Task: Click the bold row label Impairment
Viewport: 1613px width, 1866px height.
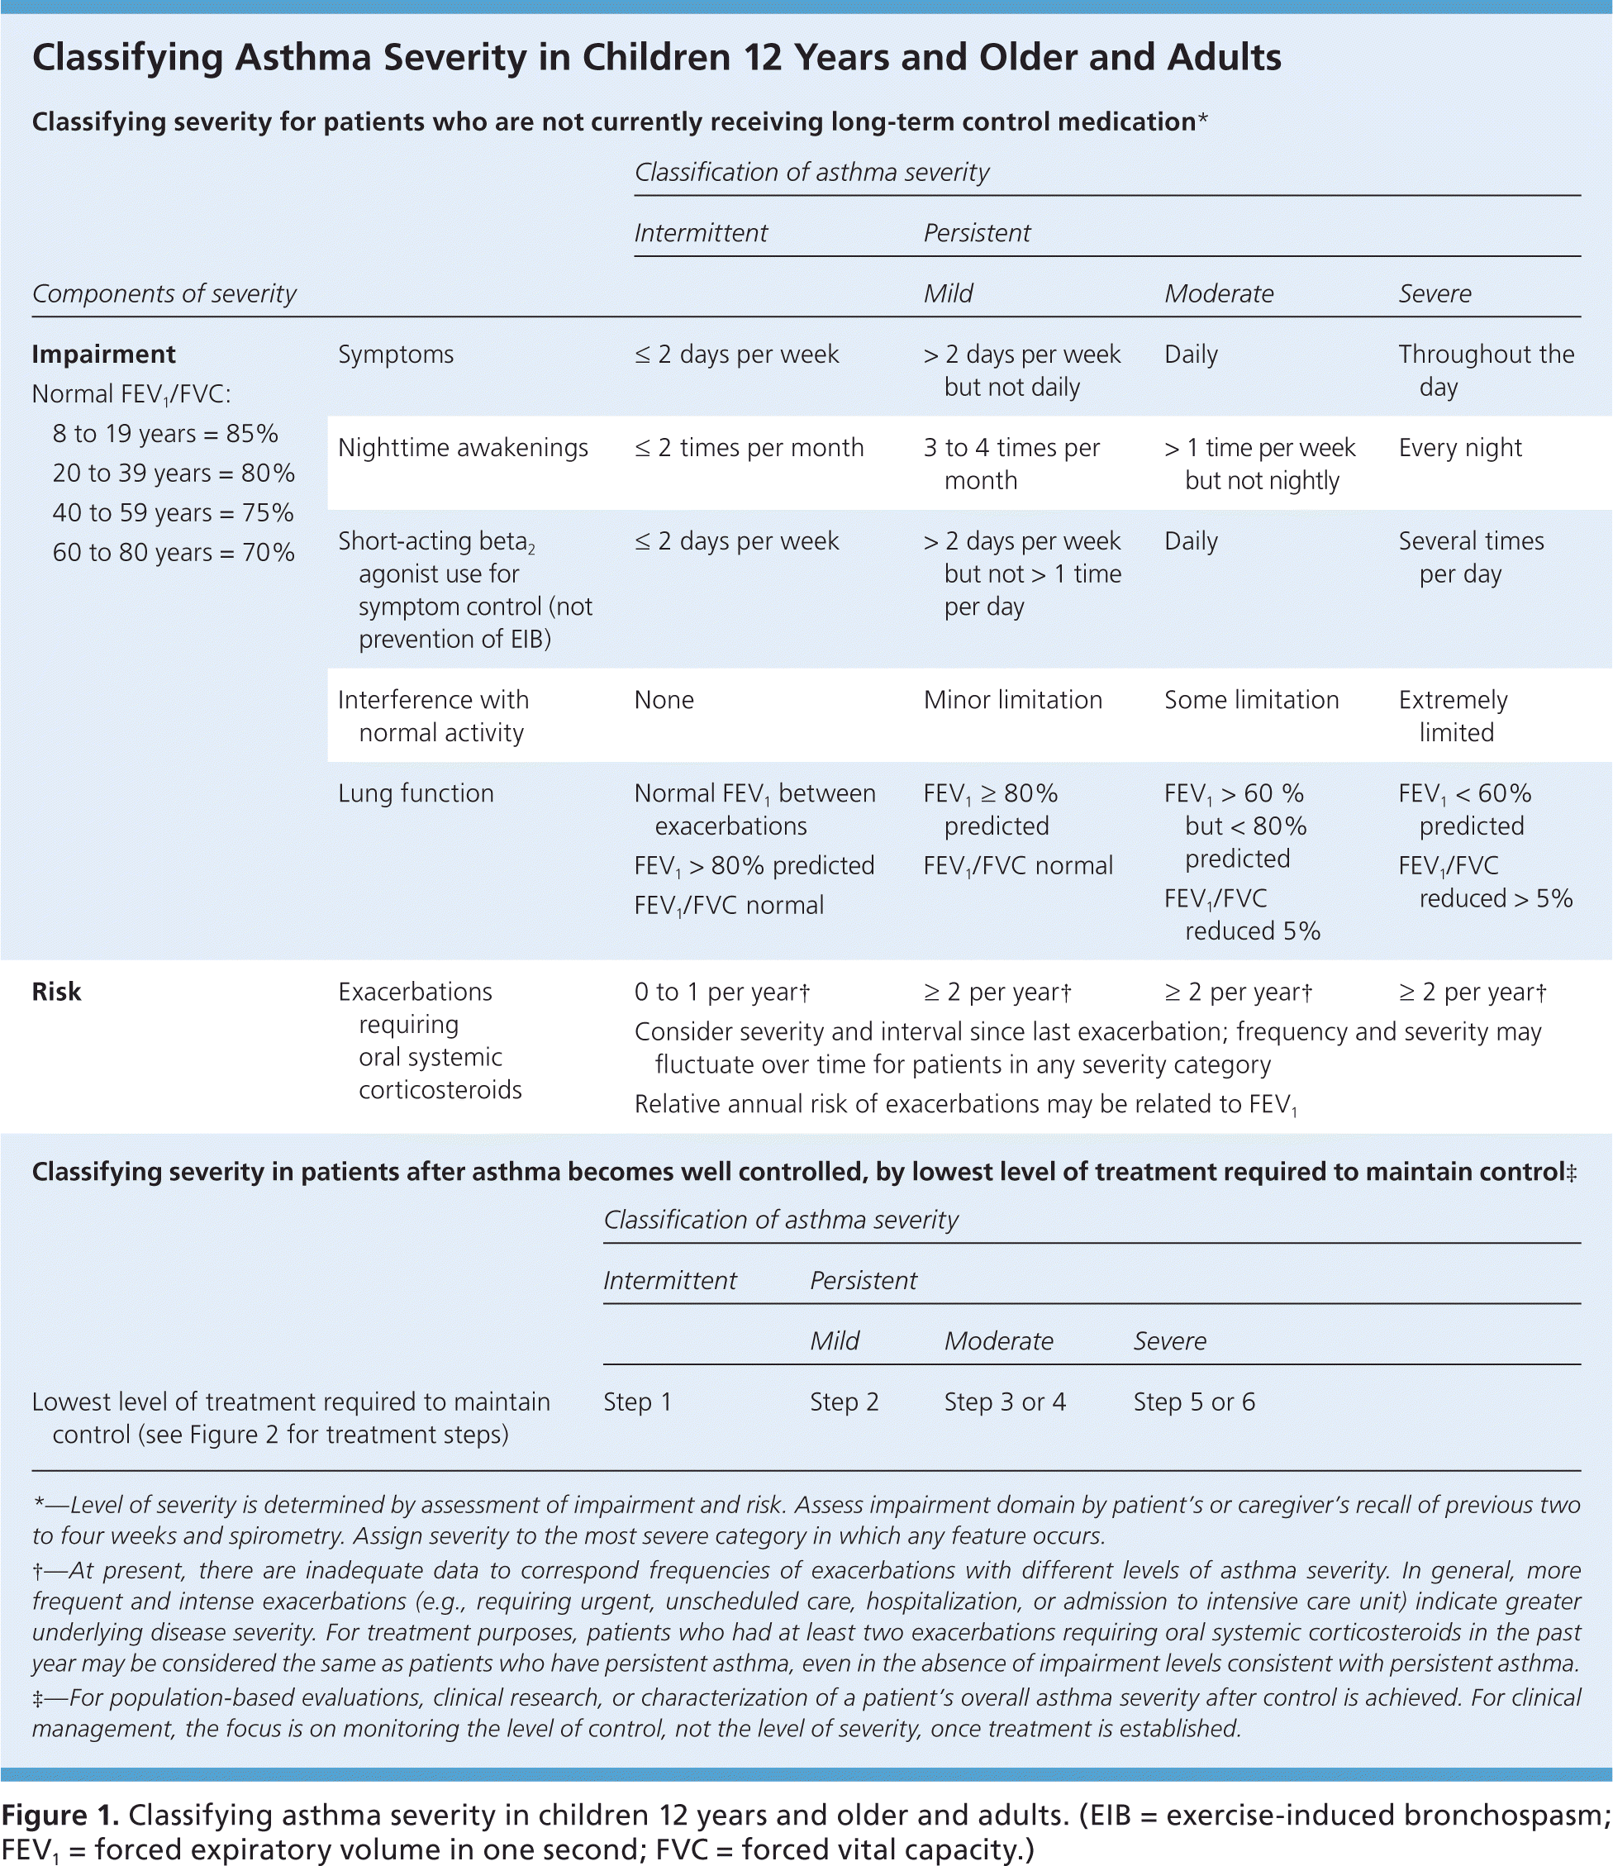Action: pyautogui.click(x=103, y=354)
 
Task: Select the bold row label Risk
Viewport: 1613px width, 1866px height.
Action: pyautogui.click(x=56, y=992)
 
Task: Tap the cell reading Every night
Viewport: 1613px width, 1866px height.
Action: pyautogui.click(x=1459, y=448)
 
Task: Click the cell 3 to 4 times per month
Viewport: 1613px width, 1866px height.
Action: pyautogui.click(x=1011, y=464)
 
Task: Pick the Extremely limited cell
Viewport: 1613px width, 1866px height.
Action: pyautogui.click(x=1452, y=716)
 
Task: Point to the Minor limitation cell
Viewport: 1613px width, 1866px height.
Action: pyautogui.click(x=1012, y=700)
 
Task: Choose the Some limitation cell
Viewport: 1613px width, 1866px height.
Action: pyautogui.click(x=1251, y=700)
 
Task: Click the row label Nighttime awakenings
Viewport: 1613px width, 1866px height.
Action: pyautogui.click(x=462, y=448)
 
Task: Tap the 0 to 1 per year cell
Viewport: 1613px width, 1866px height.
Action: pyautogui.click(x=721, y=992)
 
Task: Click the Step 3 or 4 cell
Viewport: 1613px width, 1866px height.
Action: pyautogui.click(x=1004, y=1402)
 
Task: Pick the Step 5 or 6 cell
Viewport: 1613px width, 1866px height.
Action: pyautogui.click(x=1193, y=1402)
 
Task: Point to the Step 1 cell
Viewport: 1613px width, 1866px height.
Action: pyautogui.click(x=637, y=1402)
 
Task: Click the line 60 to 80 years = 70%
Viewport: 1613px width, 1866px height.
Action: pyautogui.click(x=173, y=552)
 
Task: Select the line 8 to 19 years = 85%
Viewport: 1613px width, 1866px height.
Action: pyautogui.click(x=164, y=433)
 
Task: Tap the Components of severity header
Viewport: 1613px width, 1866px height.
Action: pyautogui.click(x=164, y=293)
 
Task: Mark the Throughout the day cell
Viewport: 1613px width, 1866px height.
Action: pyautogui.click(x=1485, y=370)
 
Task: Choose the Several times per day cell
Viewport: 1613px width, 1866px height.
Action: pyautogui.click(x=1470, y=556)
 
